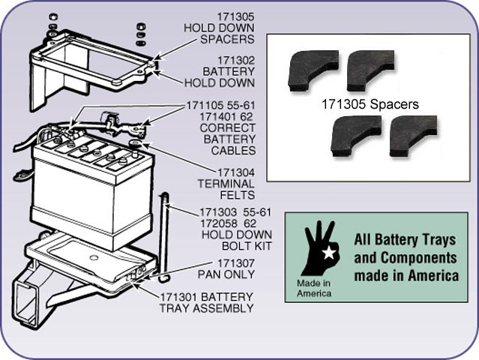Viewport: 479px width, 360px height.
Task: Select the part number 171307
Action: (x=235, y=262)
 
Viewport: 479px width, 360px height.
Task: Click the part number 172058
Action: (x=217, y=223)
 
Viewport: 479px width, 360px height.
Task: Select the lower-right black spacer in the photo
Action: (x=413, y=136)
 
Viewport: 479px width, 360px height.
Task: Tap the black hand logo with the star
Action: (x=319, y=248)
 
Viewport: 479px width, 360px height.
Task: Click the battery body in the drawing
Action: (x=82, y=195)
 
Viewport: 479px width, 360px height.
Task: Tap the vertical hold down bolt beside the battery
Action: (x=165, y=232)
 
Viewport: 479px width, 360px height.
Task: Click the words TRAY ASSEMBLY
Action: (x=206, y=307)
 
